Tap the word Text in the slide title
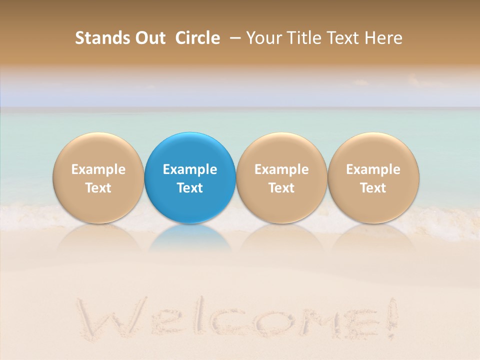click(x=345, y=38)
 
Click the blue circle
click(x=190, y=150)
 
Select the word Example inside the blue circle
click(x=190, y=169)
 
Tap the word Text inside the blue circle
click(x=190, y=188)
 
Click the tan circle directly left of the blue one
click(x=98, y=150)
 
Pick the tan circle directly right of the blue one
click(x=281, y=150)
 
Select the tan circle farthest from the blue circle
click(x=373, y=150)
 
